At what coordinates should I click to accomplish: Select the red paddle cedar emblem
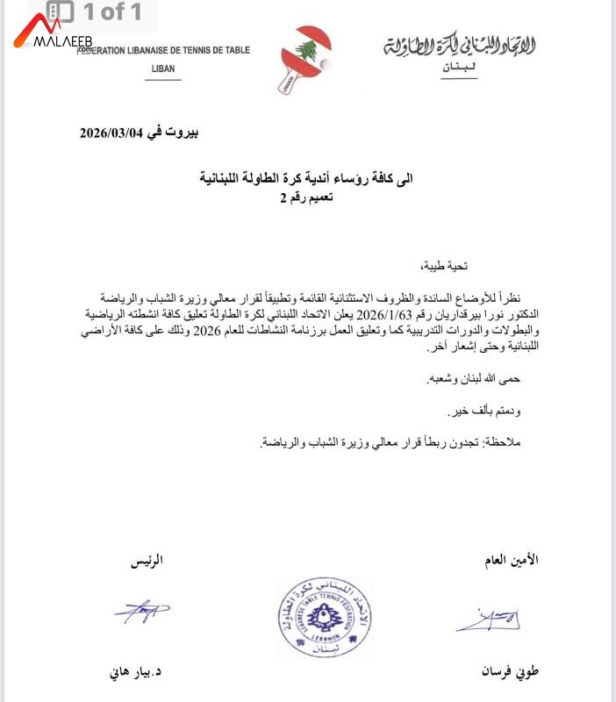308,53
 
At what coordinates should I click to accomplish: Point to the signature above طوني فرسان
488,620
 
